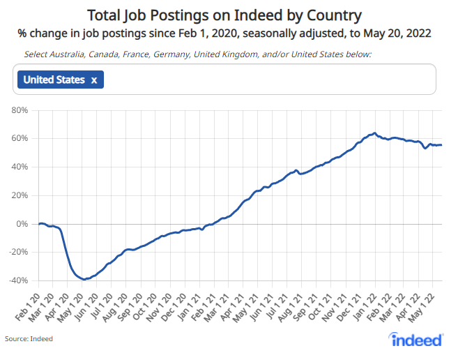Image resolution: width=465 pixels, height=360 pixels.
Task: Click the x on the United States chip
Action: click(x=93, y=80)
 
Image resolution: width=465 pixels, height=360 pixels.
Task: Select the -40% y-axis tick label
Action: click(x=17, y=280)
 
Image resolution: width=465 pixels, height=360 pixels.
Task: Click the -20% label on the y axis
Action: click(x=17, y=253)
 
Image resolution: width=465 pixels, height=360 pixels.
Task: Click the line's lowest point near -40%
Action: click(x=84, y=279)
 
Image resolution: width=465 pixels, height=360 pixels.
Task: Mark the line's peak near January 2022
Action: click(x=375, y=133)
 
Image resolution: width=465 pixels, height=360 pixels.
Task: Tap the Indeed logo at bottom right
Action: click(x=417, y=340)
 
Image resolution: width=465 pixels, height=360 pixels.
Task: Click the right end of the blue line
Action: click(x=441, y=145)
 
